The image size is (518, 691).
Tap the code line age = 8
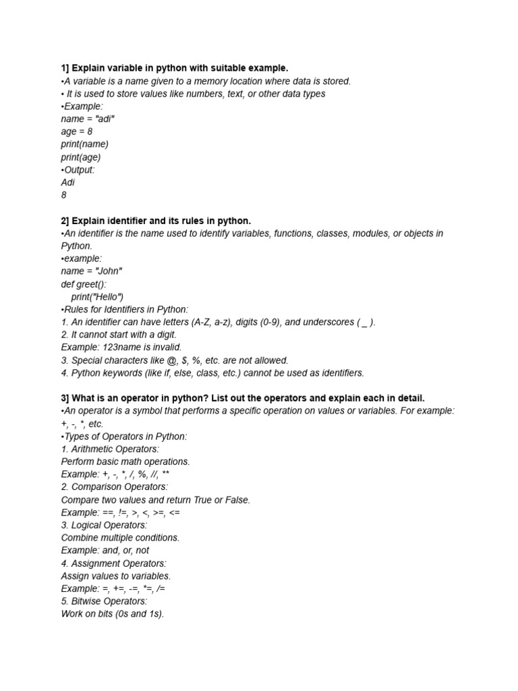(x=77, y=132)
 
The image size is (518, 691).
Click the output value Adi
(x=67, y=182)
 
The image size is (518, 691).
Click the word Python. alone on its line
(x=76, y=246)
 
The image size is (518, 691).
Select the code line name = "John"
(x=92, y=271)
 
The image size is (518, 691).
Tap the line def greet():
(x=84, y=284)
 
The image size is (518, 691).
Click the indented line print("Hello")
(x=97, y=297)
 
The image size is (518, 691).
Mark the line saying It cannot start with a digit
(x=118, y=335)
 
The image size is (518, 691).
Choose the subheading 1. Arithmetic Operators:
(x=110, y=449)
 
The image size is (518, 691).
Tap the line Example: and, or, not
(x=105, y=550)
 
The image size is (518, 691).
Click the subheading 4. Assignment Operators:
(x=113, y=563)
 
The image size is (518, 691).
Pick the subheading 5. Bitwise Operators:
(x=104, y=601)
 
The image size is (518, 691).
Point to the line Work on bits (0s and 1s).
(x=113, y=613)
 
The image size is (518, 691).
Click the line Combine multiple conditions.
(x=120, y=538)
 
